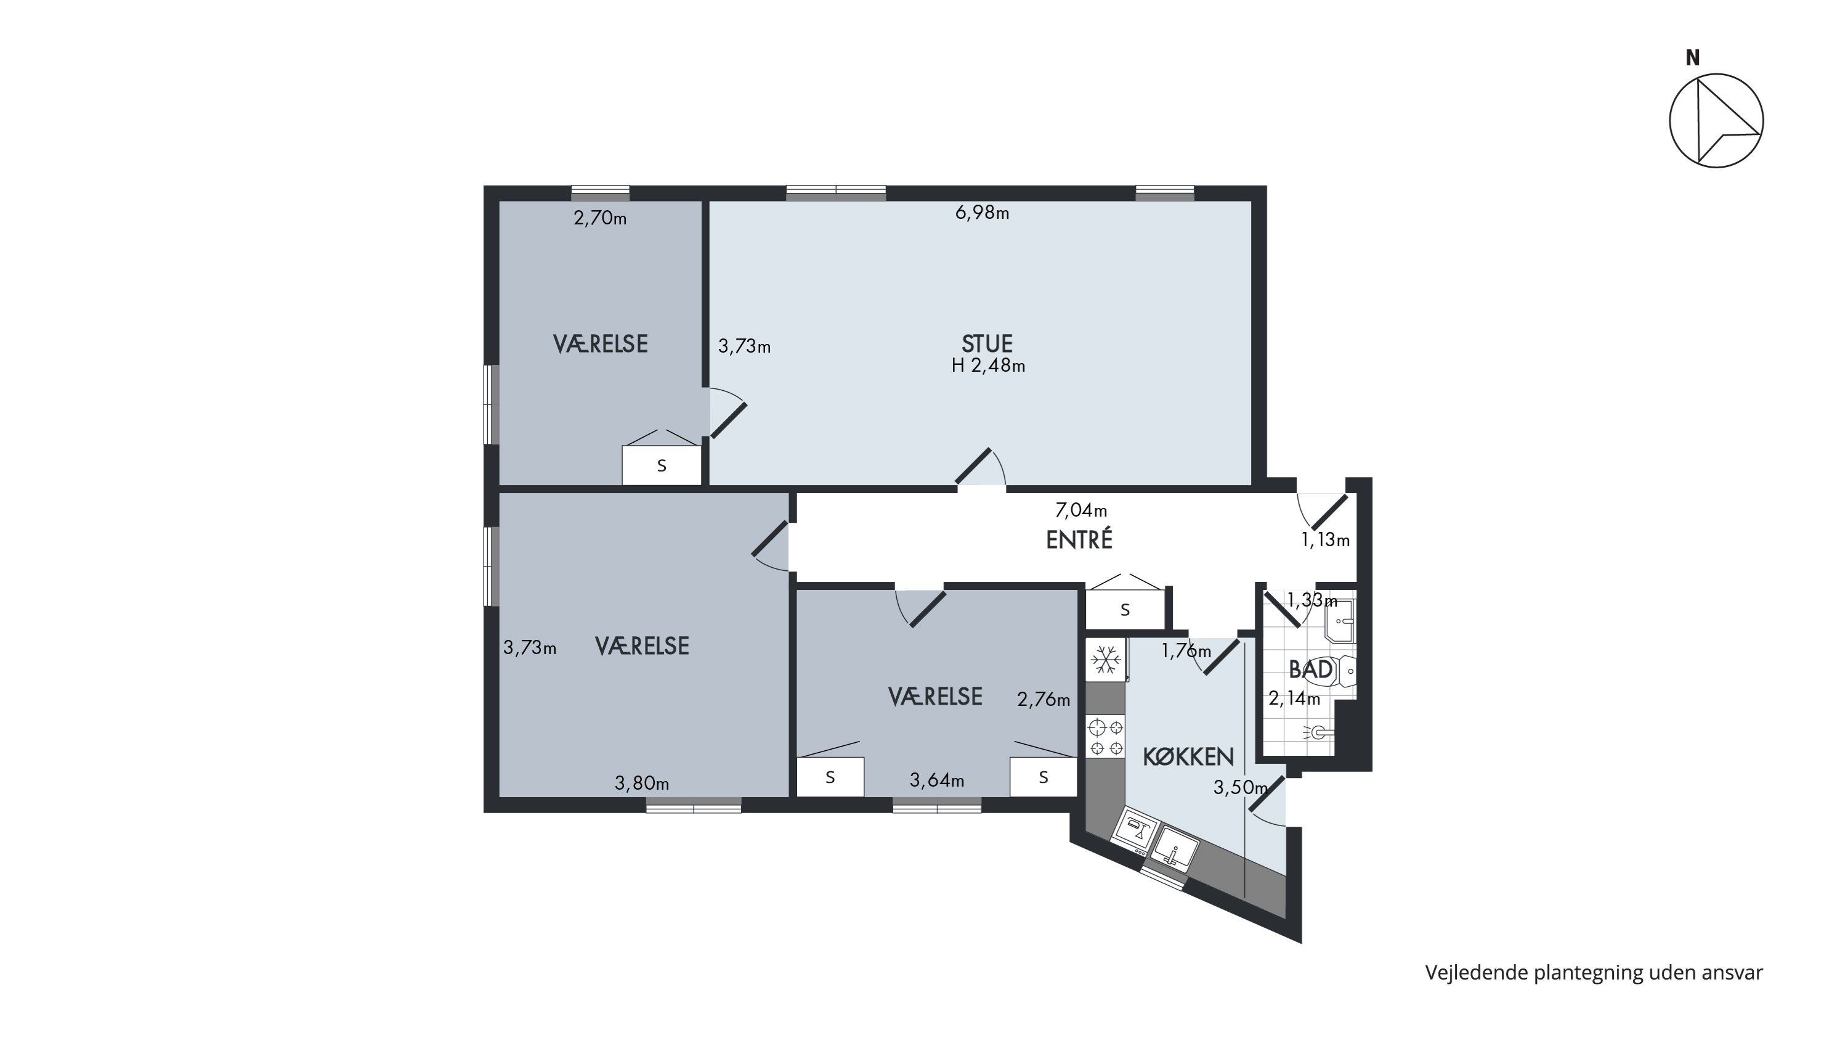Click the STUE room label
(987, 343)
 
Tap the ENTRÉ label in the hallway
(1079, 540)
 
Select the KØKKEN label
(1188, 756)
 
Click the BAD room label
(1311, 669)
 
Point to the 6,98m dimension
(982, 213)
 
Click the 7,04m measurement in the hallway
(1081, 510)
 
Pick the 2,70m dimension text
(600, 218)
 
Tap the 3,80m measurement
(642, 783)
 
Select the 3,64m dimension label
(937, 780)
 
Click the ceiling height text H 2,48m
(989, 366)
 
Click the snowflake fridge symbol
(1106, 660)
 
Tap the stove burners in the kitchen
(1106, 737)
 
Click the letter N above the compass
(1692, 58)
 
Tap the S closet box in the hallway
(1125, 609)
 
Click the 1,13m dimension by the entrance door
(1326, 541)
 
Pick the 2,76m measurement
(1044, 700)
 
